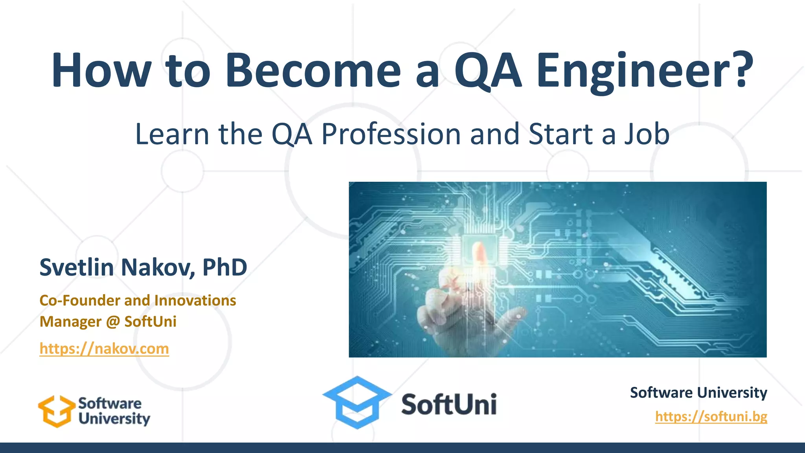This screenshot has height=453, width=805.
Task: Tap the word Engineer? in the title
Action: [x=645, y=71]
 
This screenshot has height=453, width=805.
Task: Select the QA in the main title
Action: [x=488, y=71]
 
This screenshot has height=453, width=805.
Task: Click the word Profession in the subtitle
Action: [x=391, y=134]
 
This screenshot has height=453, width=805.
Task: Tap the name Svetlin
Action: [x=77, y=267]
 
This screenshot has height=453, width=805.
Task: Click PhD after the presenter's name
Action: [x=224, y=267]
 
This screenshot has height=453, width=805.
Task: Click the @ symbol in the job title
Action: [x=113, y=322]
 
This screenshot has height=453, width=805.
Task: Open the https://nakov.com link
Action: [x=104, y=349]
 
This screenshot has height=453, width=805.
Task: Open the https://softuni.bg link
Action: [x=711, y=416]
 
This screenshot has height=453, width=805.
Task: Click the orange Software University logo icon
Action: [x=56, y=411]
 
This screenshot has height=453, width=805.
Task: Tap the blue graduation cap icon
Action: [x=357, y=402]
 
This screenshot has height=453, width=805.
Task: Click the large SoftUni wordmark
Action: [x=449, y=405]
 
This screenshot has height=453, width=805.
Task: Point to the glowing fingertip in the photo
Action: [x=479, y=252]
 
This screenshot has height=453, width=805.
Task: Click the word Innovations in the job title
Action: [x=195, y=300]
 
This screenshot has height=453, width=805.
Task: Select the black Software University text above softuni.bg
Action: [x=698, y=392]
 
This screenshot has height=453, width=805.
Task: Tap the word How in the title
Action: [x=101, y=71]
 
